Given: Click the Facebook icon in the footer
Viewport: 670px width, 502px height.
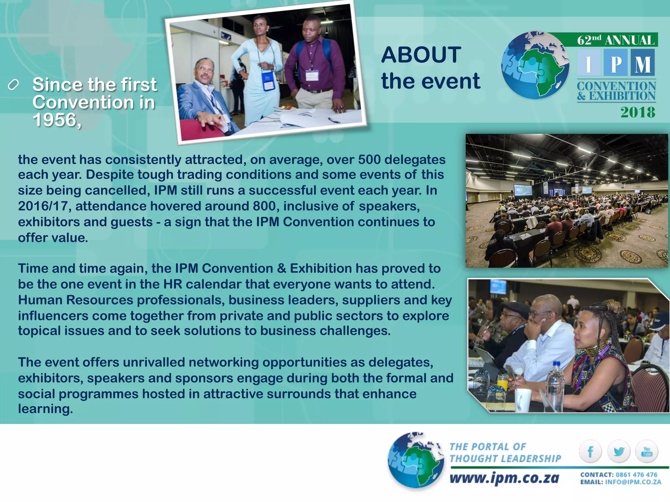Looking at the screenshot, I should click(590, 452).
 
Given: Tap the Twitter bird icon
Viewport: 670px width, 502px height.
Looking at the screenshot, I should click(619, 452).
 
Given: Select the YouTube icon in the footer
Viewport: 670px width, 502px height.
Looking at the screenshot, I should click(647, 452).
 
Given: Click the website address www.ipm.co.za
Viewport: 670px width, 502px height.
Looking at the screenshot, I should click(504, 478).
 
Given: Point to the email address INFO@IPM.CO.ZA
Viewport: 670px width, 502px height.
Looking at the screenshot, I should click(633, 482).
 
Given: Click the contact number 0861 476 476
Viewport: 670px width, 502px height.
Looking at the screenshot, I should click(636, 475).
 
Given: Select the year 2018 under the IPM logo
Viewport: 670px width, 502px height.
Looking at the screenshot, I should click(638, 112).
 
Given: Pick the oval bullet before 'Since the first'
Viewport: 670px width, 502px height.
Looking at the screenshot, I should click(13, 85).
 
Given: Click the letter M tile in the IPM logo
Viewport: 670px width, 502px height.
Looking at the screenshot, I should click(643, 63).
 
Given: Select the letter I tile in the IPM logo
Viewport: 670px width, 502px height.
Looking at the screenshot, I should click(589, 63).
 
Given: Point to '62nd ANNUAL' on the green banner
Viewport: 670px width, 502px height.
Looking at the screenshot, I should click(615, 40).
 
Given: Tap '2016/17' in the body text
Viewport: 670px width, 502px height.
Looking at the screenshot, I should click(43, 206).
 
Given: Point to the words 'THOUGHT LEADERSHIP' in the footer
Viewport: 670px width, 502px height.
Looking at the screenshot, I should click(505, 459).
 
